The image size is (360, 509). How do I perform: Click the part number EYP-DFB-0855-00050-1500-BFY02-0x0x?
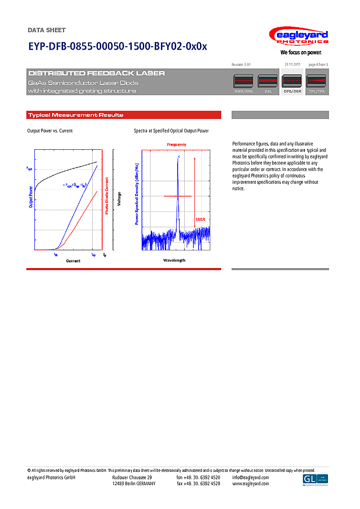tap(117, 46)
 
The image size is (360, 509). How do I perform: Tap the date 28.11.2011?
tap(292, 64)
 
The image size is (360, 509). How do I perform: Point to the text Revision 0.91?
tap(241, 64)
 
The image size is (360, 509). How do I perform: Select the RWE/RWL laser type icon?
tap(244, 82)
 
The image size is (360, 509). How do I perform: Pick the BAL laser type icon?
tap(268, 82)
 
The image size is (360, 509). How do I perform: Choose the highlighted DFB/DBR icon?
tap(292, 82)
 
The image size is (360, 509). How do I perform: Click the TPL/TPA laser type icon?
tap(316, 82)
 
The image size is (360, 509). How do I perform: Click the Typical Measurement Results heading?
tap(75, 115)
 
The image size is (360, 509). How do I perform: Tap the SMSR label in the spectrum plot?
tap(200, 219)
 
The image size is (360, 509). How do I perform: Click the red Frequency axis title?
tap(177, 144)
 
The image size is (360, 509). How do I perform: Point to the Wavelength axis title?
tap(174, 260)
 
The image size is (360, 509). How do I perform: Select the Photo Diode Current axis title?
tap(107, 196)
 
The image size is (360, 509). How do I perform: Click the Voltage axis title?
tap(119, 199)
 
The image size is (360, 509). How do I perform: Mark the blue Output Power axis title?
tap(31, 197)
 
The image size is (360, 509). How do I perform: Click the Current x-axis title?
tap(73, 261)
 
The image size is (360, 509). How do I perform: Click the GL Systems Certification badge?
tap(316, 480)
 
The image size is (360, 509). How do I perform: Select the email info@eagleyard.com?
tap(251, 478)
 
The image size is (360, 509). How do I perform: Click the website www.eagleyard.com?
tap(251, 484)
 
